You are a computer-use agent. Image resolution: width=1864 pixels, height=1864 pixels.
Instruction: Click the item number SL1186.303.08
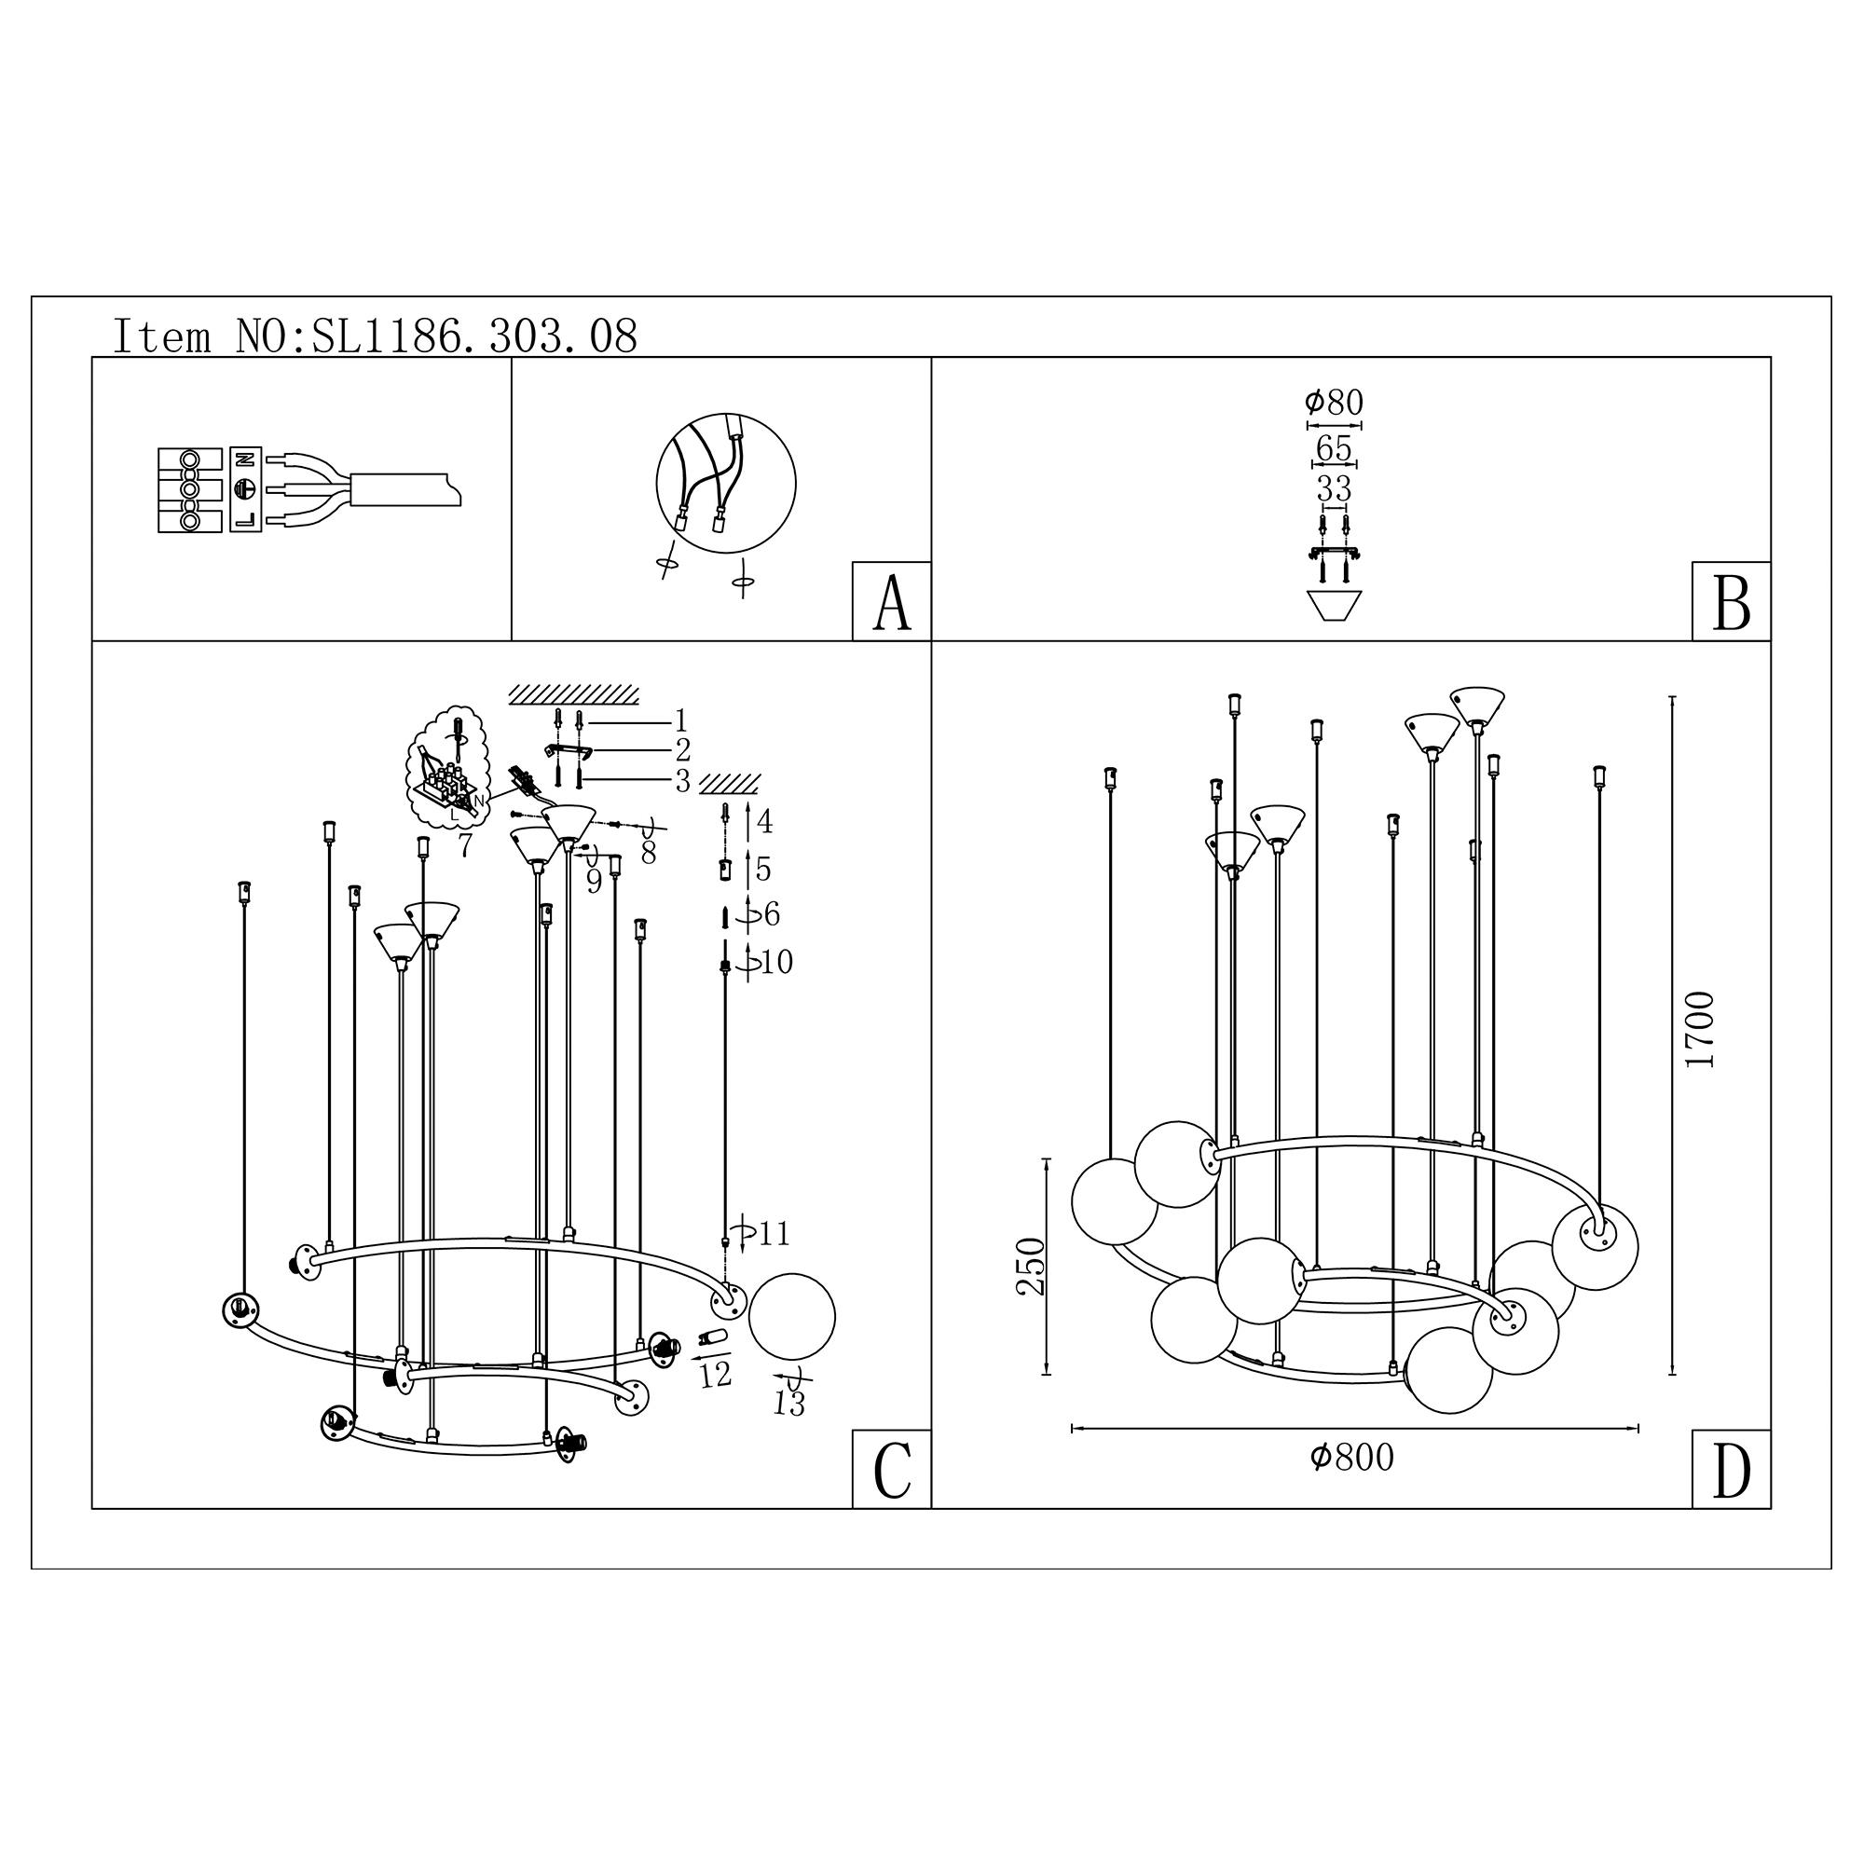tap(474, 336)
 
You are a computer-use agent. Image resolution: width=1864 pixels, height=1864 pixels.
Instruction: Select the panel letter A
tap(892, 603)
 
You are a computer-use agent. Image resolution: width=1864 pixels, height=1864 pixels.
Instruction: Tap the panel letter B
tap(1731, 603)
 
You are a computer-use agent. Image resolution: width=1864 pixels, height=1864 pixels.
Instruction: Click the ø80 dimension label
tap(1334, 404)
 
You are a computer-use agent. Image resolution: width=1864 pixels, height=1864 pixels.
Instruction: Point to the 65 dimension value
tap(1334, 448)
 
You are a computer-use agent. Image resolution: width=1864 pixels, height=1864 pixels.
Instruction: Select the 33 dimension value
tap(1335, 489)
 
